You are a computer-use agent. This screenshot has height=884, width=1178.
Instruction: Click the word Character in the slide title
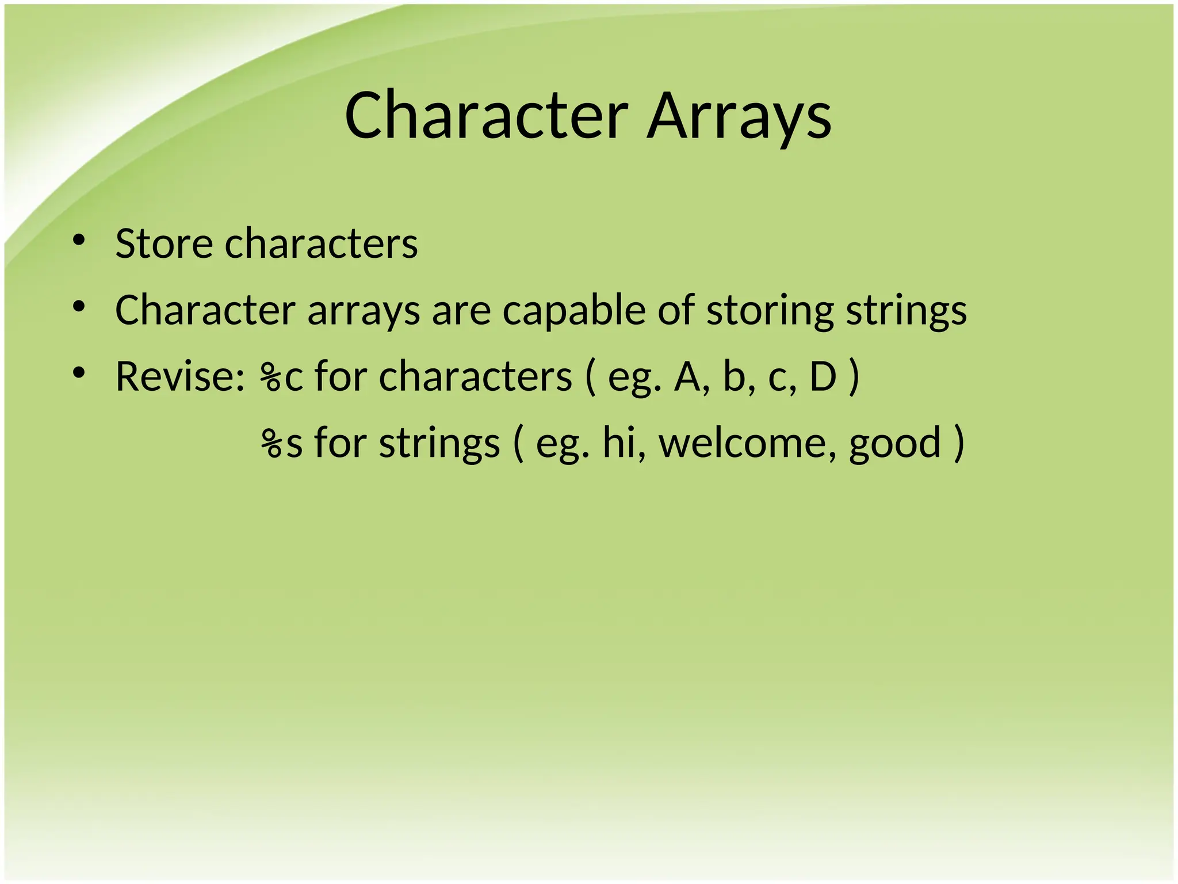486,116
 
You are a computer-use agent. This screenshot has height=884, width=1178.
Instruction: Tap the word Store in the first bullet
164,244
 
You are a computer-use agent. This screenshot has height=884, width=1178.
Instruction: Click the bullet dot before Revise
79,372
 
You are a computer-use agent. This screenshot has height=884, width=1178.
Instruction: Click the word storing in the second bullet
770,311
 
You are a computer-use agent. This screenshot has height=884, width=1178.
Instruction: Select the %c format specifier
281,377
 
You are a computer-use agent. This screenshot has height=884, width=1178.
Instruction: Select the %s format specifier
281,444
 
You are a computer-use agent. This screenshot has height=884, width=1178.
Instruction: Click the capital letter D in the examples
823,377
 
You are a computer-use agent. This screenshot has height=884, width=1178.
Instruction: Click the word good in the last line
895,444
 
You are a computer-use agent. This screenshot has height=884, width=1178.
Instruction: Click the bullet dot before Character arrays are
79,306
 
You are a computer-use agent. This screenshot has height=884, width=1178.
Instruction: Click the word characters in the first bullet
321,244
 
